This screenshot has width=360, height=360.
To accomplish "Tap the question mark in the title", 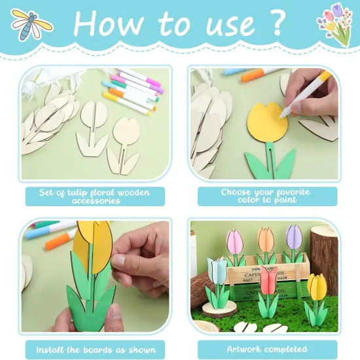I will tap(274, 24).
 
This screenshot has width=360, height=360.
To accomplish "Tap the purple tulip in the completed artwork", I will tap(294, 237).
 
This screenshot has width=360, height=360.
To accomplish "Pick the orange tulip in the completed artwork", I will tap(265, 240).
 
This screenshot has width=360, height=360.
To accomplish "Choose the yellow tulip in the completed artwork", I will tap(317, 289).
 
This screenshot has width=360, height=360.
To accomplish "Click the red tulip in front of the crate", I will tap(268, 283).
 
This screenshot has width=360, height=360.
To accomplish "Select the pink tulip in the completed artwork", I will tap(234, 241).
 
